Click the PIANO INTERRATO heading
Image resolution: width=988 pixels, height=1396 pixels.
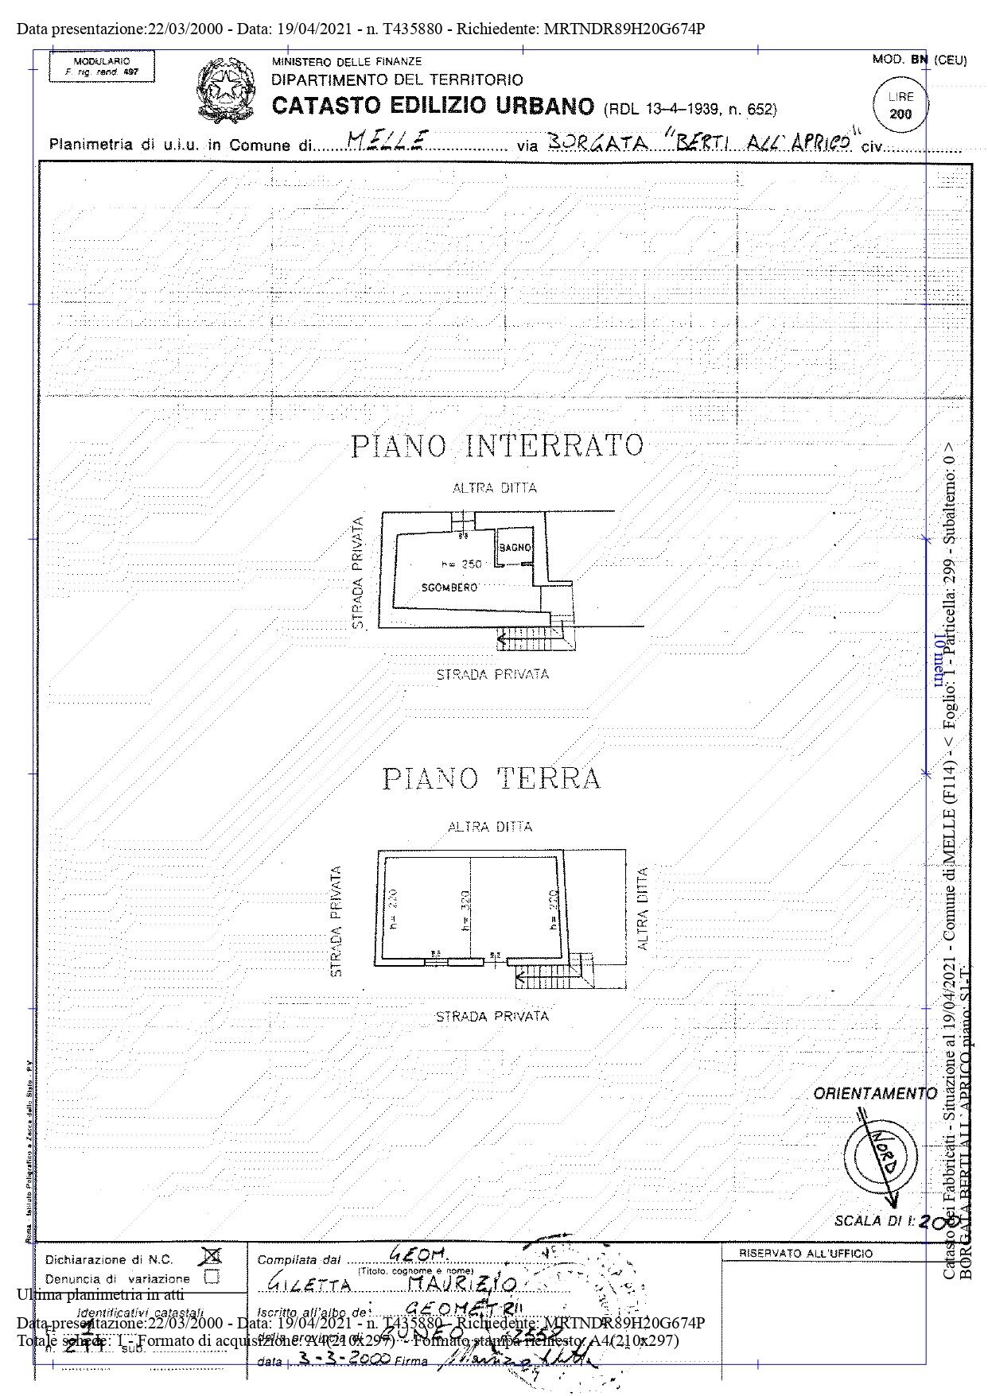[496, 445]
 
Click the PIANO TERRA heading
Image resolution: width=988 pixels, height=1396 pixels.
[492, 777]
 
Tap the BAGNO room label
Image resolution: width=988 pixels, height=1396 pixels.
[515, 548]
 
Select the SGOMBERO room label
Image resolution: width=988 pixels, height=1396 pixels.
[449, 587]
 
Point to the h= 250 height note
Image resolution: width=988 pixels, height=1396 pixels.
[461, 564]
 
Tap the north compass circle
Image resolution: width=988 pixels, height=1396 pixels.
[880, 1155]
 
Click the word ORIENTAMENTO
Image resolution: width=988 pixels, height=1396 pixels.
[874, 1094]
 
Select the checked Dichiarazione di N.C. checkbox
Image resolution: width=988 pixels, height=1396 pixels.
[212, 1256]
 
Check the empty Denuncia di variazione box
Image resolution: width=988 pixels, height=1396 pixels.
[212, 1278]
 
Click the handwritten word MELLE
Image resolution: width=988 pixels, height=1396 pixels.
[390, 140]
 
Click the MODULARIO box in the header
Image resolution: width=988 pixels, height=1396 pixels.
[101, 66]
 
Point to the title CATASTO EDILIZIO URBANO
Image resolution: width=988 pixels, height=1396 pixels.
[433, 107]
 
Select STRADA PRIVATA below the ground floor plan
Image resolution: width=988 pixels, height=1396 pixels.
[492, 1016]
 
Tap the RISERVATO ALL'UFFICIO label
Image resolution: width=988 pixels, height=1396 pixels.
[805, 1254]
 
